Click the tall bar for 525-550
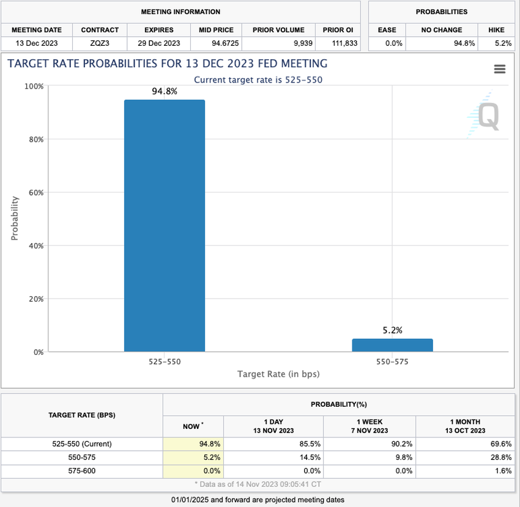point(165,226)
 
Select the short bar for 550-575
point(392,346)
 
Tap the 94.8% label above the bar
point(165,92)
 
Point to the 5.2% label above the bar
point(392,330)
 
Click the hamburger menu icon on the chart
point(499,70)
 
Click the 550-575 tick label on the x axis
point(392,362)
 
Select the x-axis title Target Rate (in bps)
point(278,374)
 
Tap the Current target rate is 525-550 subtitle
point(258,79)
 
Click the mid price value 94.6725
point(216,43)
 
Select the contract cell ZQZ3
point(100,43)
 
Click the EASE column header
point(387,29)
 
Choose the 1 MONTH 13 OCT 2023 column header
point(464,426)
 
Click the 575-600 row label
point(81,470)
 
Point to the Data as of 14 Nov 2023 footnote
point(261,484)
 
